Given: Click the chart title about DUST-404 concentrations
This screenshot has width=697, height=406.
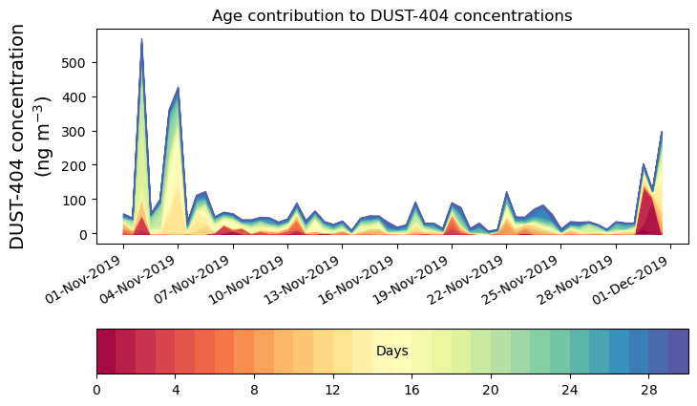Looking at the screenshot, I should click(x=391, y=15).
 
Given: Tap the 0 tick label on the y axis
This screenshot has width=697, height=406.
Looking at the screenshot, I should click(x=85, y=234).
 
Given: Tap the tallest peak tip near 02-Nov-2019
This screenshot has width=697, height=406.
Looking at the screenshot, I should click(x=141, y=39).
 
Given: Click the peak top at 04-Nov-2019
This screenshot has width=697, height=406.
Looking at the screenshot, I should click(x=179, y=88).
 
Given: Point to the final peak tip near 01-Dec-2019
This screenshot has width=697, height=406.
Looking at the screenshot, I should click(x=662, y=132).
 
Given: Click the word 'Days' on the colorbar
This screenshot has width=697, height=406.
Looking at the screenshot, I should click(x=391, y=352).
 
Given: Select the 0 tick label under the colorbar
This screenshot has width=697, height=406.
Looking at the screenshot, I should click(x=96, y=390).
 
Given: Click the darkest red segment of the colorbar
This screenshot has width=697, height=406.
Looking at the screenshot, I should click(x=106, y=352).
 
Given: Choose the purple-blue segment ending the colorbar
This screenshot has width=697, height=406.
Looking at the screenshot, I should click(x=679, y=352).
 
